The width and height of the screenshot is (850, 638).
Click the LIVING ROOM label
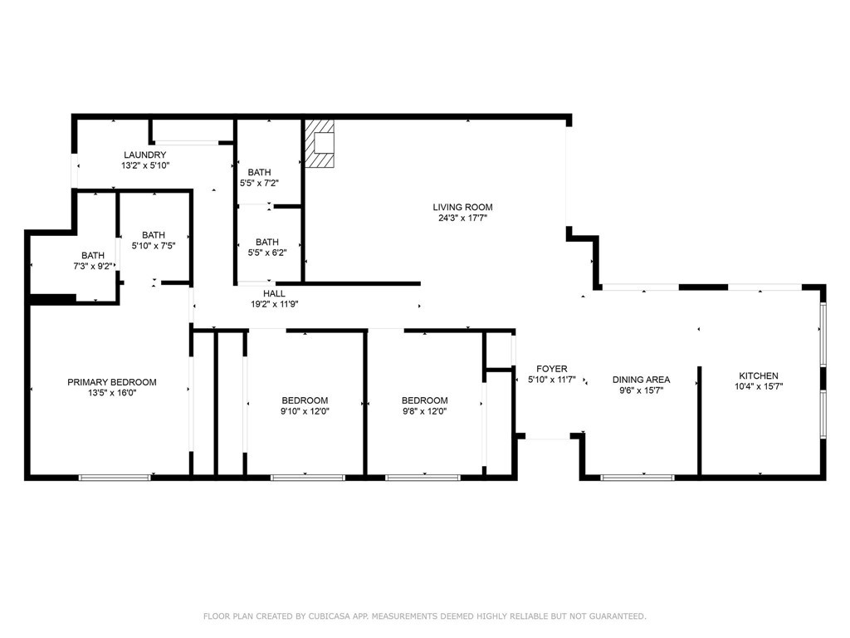point(462,208)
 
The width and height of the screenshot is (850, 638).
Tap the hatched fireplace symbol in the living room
point(320,144)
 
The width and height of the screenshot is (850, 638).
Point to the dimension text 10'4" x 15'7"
point(759,386)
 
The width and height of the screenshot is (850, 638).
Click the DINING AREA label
point(641,380)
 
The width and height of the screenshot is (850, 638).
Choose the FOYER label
point(552,369)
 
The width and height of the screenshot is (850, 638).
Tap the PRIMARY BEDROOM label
point(112,382)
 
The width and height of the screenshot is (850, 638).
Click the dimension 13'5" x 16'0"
point(112,394)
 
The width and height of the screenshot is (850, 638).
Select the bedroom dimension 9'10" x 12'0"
point(305,410)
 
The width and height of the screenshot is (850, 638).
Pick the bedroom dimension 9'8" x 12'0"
point(424,410)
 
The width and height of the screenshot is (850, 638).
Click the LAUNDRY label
point(145,155)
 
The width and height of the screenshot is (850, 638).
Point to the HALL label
point(274,293)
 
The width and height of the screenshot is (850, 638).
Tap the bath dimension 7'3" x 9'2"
point(93,266)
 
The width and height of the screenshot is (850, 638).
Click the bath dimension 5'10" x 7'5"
point(154,245)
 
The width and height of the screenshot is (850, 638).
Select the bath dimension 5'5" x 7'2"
point(259,183)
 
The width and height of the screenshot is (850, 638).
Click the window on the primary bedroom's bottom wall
point(115,478)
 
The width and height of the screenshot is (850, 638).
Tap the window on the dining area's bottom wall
point(637,478)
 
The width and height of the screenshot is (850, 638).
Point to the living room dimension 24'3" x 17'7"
point(462,219)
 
